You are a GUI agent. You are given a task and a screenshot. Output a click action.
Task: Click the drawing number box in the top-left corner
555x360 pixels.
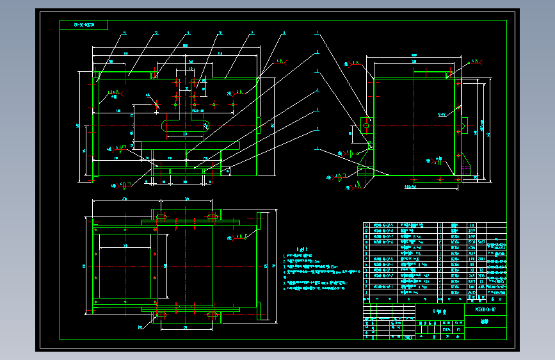pos(84,25)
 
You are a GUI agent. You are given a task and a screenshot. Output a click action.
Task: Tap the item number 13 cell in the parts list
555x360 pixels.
pos(367,225)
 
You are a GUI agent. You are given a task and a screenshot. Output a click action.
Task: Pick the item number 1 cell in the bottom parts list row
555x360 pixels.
pos(367,299)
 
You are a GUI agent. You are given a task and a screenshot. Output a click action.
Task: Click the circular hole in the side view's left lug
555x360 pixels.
pos(367,126)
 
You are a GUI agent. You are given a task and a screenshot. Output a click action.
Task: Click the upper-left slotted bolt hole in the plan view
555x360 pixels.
pos(161,218)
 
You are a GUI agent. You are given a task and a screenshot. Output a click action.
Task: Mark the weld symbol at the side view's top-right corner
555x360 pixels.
pos(475,62)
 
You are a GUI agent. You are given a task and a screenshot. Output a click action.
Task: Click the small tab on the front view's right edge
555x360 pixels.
pos(259,125)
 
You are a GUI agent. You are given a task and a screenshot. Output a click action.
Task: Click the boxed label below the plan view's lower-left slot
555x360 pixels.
pos(140,327)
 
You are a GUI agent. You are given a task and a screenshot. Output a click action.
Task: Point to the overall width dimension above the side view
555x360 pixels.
pos(414,56)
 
